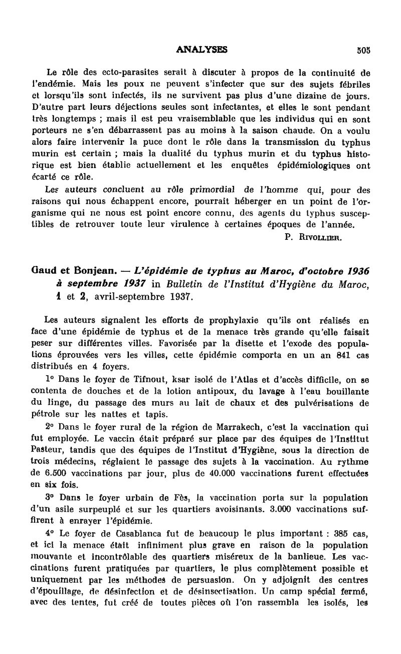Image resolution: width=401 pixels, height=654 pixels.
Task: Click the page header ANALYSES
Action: (202, 50)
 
